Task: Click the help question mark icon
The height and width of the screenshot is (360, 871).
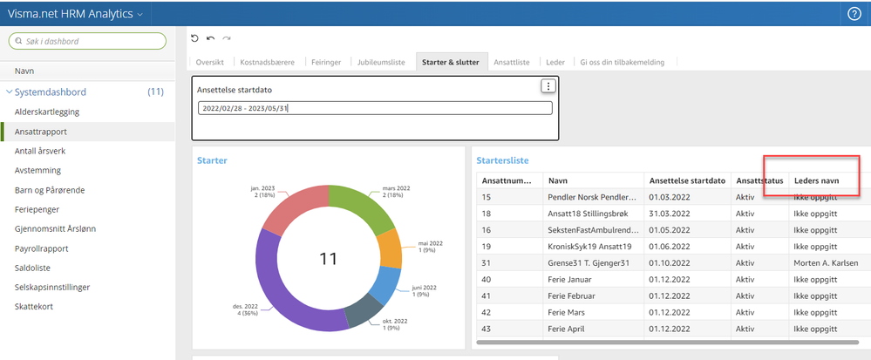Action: pos(854,14)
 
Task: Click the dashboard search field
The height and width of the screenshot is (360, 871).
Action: pos(87,41)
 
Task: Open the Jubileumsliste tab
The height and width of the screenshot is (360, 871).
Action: pos(381,62)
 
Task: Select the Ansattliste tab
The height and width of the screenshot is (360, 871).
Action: pos(512,62)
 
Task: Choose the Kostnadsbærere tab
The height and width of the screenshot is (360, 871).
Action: pos(267,62)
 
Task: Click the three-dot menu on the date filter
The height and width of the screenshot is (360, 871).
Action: pos(548,86)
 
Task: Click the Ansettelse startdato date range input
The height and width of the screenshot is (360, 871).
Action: pos(375,108)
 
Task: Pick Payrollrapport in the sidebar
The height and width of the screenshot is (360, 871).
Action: pos(42,248)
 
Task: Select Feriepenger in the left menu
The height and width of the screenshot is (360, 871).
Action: pos(37,209)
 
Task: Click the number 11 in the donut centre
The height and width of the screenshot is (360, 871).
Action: pos(329,258)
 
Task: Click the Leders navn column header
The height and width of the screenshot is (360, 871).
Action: pos(816,180)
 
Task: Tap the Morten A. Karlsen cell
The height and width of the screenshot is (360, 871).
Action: pos(821,262)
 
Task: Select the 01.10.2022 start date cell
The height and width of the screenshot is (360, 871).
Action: pos(670,262)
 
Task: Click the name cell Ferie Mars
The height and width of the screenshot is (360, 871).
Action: pos(566,312)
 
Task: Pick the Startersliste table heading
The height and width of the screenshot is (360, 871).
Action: pos(502,160)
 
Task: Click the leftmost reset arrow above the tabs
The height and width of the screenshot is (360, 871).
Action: pos(194,38)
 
